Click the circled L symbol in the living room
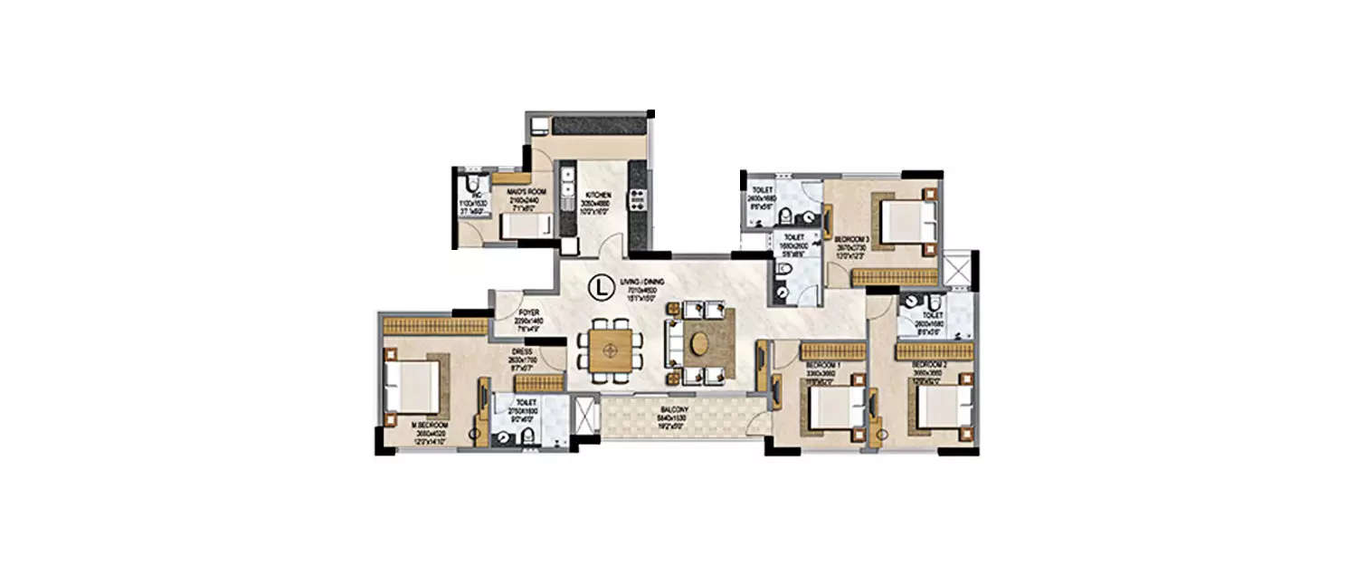pos(598,287)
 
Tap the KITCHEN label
pos(597,195)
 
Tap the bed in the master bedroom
pos(412,386)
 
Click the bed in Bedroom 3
pos(905,221)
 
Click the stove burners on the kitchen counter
pos(636,194)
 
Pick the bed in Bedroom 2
pos(942,408)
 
